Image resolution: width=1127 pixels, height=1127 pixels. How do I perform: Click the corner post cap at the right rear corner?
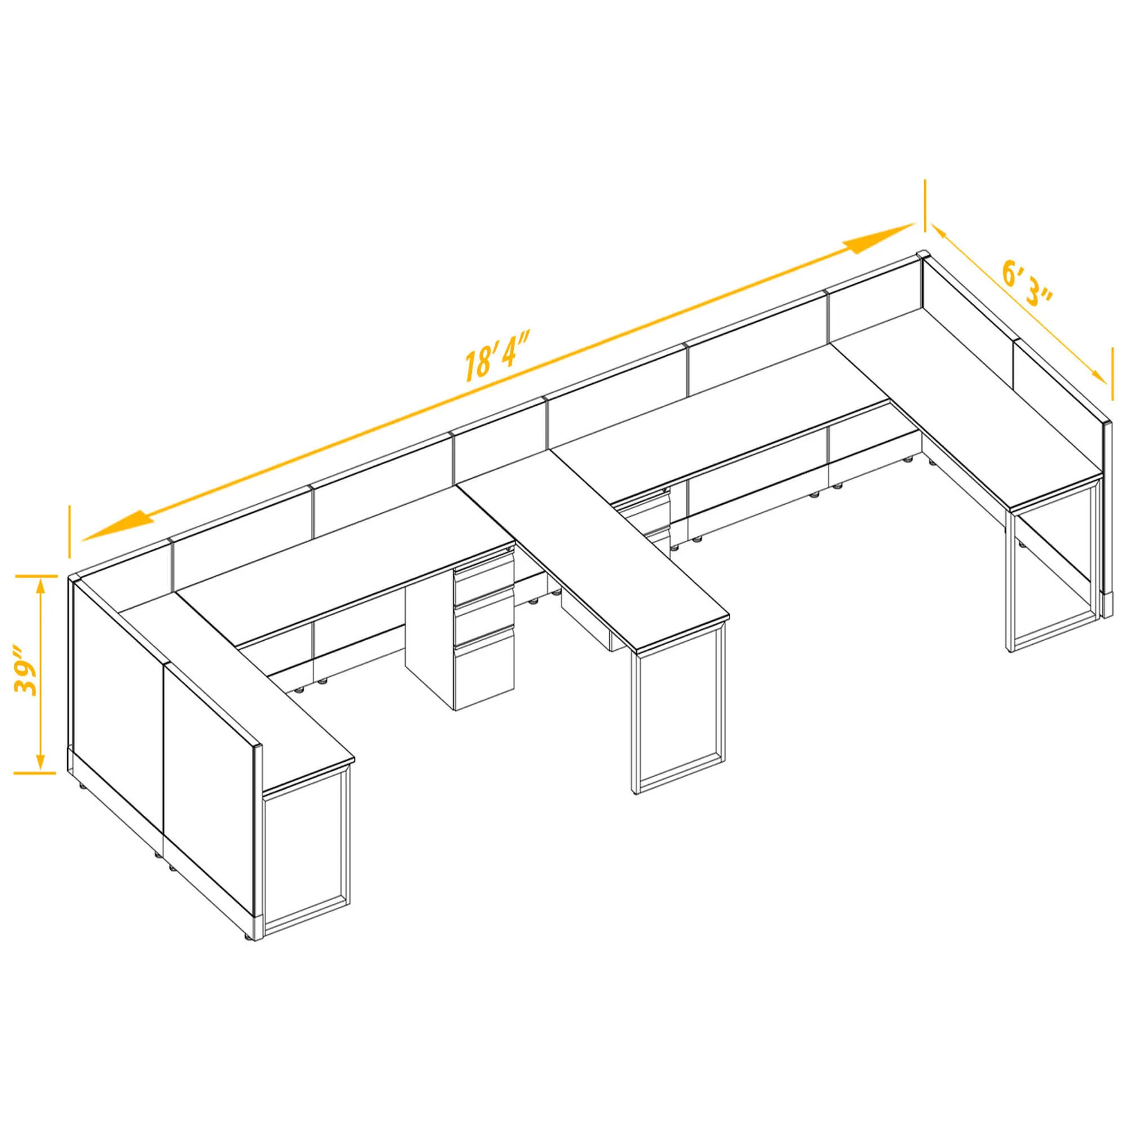pyautogui.click(x=923, y=255)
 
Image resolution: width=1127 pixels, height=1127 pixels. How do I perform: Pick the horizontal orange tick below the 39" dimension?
pyautogui.click(x=34, y=774)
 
